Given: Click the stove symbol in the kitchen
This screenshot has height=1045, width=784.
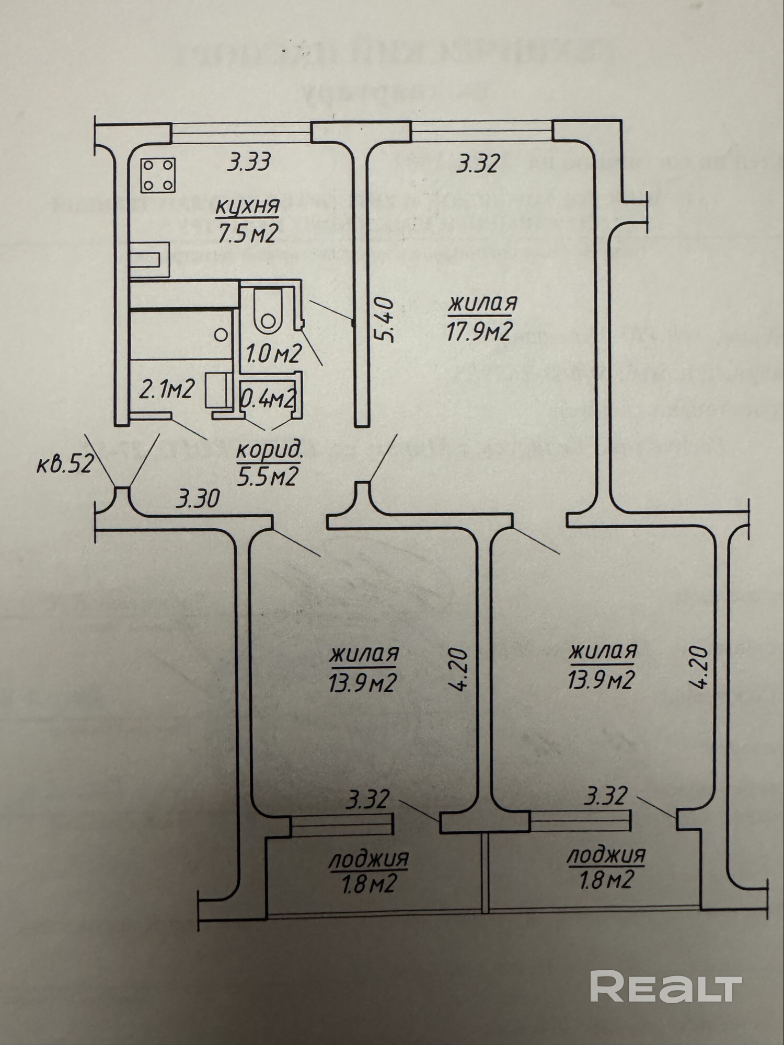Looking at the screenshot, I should click(x=158, y=175).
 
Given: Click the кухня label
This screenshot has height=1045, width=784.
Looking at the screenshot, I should click(x=248, y=206).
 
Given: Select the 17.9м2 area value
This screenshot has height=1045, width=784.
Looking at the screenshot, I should click(x=478, y=331).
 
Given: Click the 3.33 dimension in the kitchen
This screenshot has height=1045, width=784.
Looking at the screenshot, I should click(x=249, y=162).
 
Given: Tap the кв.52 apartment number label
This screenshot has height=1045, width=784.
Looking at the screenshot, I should click(x=65, y=463).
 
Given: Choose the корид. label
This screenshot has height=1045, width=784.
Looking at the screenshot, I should click(x=269, y=451).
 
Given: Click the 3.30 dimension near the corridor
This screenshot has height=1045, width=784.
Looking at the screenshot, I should click(x=197, y=500).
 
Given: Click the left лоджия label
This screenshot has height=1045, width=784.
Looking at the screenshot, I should click(x=368, y=859).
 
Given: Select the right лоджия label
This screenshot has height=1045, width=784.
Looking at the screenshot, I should click(x=606, y=856).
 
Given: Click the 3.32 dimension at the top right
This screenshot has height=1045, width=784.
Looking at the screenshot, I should click(x=478, y=164).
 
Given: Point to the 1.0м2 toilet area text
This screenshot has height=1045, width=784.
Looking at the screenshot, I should click(x=273, y=355).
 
